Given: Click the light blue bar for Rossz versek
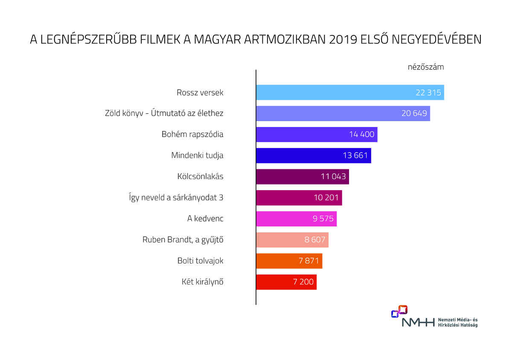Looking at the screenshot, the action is [350, 93].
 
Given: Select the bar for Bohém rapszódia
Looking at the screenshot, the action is [317, 134].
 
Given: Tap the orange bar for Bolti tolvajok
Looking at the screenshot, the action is [289, 261].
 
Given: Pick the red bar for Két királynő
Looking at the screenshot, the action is [286, 282].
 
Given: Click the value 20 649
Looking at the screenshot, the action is [414, 113].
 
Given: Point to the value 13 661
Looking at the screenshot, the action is [355, 156].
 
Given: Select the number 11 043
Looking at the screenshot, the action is [333, 177].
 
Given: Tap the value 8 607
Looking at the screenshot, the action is [315, 240].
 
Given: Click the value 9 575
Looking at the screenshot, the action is [323, 219].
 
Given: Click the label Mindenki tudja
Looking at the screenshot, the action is [197, 156].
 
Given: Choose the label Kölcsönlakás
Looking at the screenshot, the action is [200, 177].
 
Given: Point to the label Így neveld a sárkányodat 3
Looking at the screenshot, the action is [176, 197].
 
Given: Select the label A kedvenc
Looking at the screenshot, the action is [205, 219].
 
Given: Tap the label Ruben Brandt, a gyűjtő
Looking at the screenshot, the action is [183, 240].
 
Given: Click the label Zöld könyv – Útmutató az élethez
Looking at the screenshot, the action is [164, 113].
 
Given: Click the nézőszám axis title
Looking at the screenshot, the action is [426, 67].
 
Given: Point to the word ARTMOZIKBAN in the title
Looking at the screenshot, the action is [285, 40].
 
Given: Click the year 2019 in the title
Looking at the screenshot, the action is [343, 40].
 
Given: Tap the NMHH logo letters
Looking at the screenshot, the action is [418, 322].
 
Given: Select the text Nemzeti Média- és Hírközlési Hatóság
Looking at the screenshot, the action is [458, 322].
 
